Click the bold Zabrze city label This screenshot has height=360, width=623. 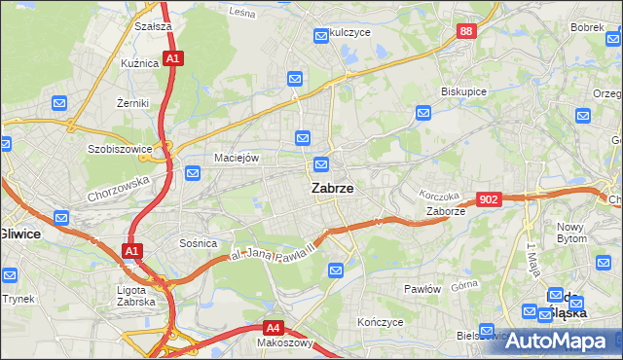[x=332, y=190]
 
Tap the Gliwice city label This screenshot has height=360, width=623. [x=17, y=234]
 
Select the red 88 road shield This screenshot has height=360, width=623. [x=466, y=32]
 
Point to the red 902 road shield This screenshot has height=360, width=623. [x=489, y=199]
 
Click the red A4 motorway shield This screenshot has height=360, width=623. [x=275, y=328]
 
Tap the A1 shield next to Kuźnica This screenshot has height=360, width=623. [x=171, y=59]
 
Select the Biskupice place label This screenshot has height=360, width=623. [x=463, y=90]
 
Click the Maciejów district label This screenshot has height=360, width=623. [x=237, y=158]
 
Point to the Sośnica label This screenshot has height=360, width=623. [x=198, y=243]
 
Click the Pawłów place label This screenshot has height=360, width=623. [x=422, y=289]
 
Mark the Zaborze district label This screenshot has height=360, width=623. [x=446, y=211]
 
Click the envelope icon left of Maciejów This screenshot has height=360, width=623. [x=193, y=174]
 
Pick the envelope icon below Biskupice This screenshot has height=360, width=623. [x=422, y=114]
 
